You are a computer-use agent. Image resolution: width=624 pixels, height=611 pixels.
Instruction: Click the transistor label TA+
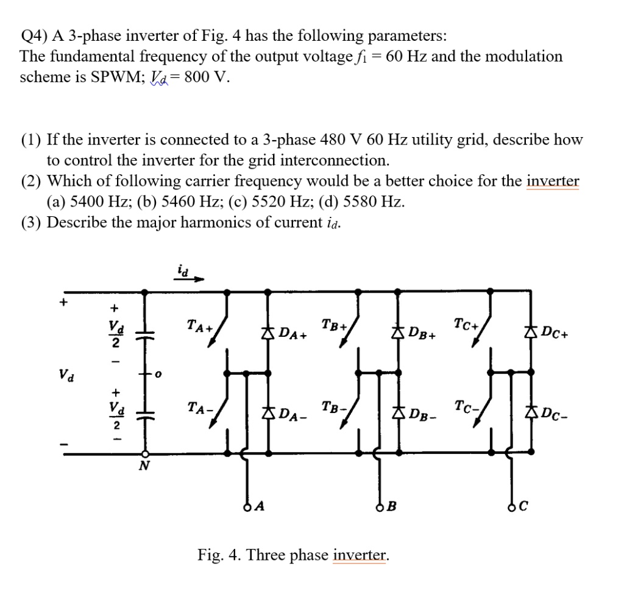point(199,327)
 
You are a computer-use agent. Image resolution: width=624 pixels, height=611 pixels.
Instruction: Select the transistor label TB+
point(334,325)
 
